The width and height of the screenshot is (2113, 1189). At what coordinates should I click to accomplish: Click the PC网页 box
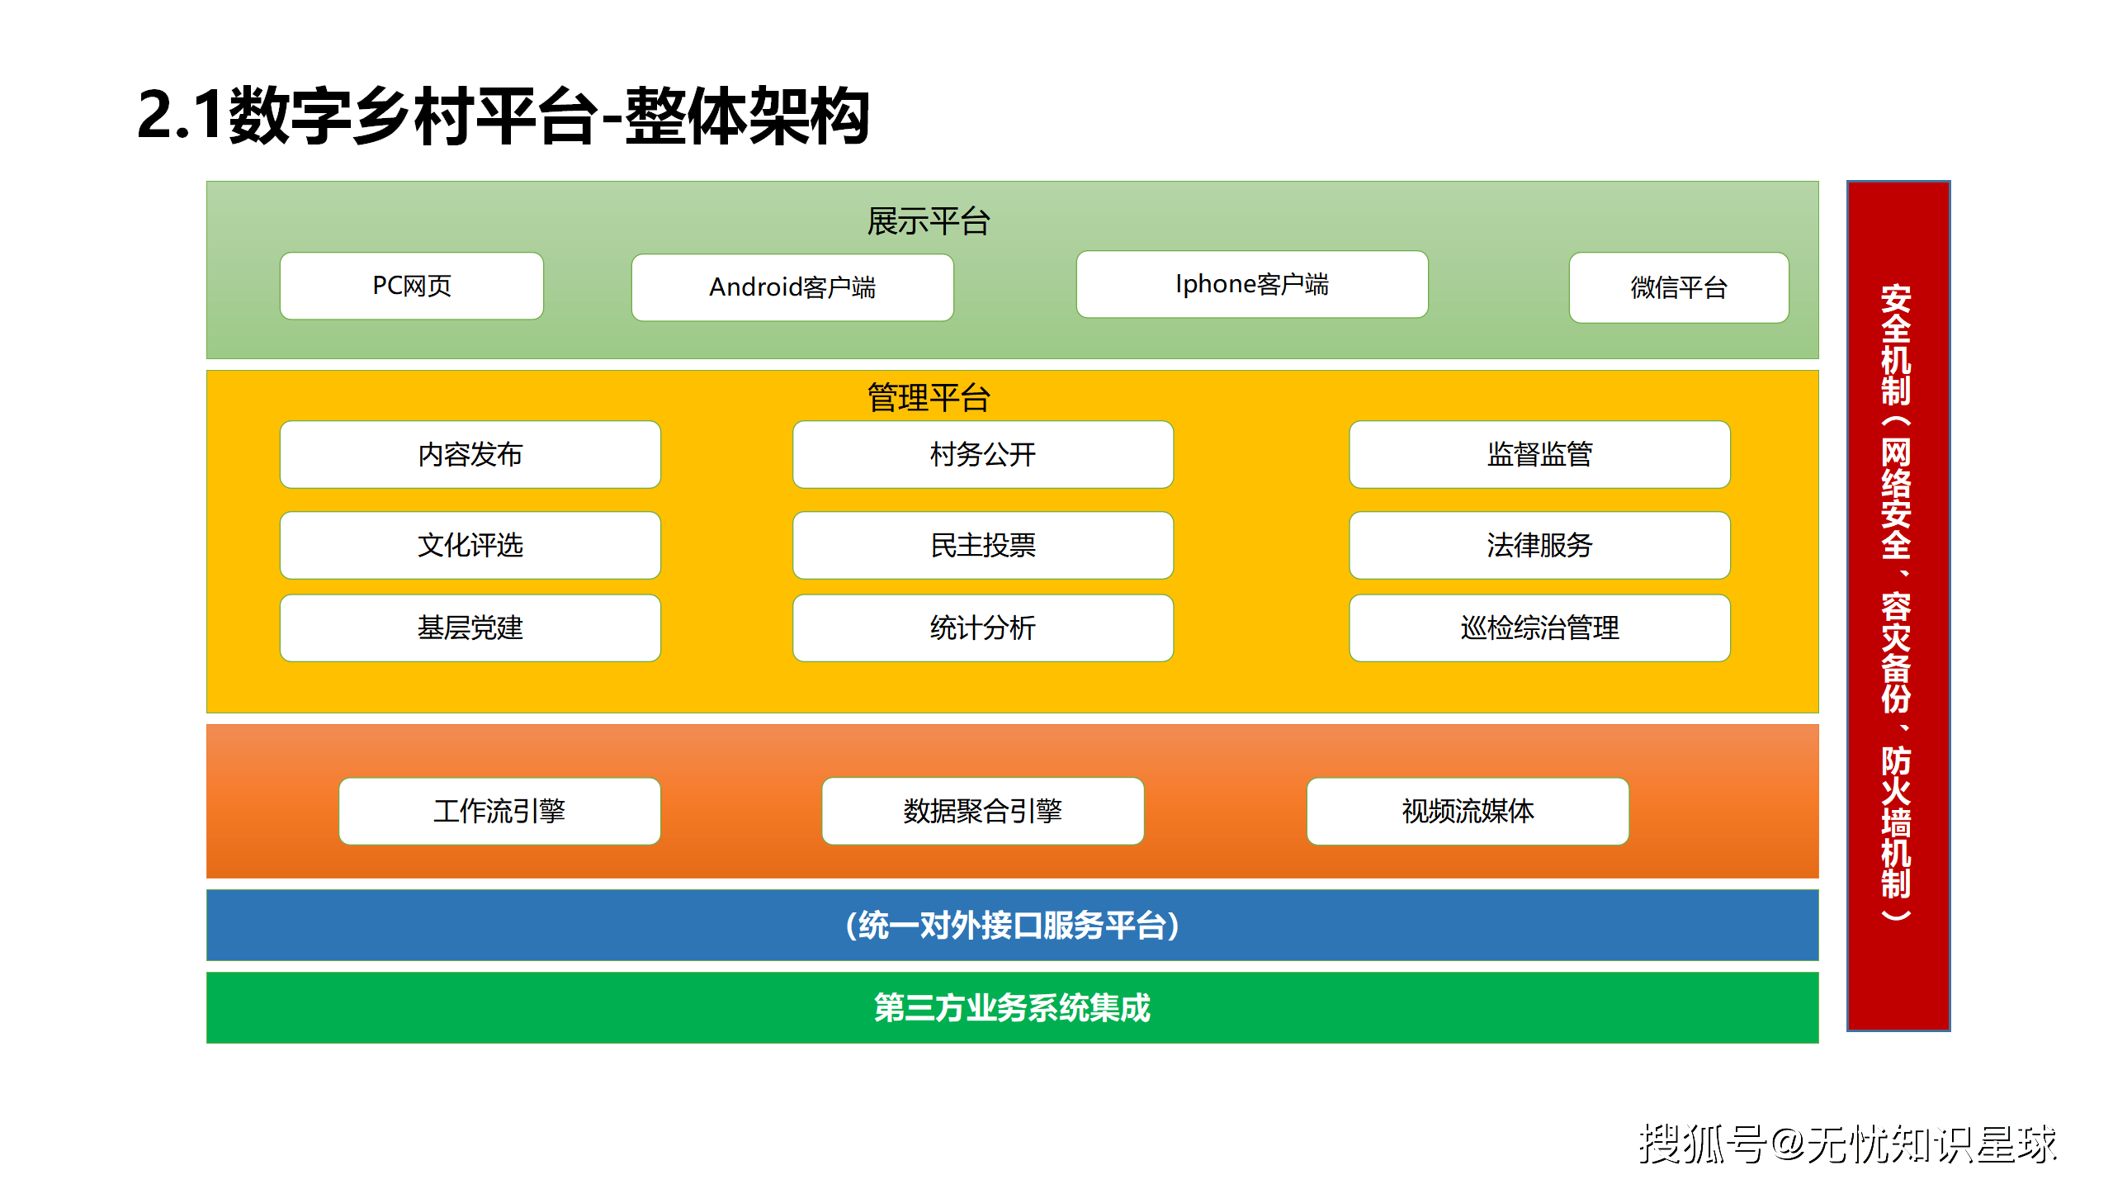click(x=412, y=286)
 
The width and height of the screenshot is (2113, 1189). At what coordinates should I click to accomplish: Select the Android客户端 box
click(x=792, y=287)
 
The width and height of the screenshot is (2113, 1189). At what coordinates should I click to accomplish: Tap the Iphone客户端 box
click(x=1252, y=284)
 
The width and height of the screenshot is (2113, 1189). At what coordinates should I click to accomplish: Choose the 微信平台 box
click(x=1679, y=287)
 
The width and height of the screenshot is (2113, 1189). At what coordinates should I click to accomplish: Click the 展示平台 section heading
click(x=929, y=221)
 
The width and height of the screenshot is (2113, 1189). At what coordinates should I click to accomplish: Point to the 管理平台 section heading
click(x=929, y=398)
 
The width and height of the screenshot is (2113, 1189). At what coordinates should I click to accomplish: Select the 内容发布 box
click(x=470, y=455)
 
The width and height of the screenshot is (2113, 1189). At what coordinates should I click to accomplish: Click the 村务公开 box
click(x=983, y=455)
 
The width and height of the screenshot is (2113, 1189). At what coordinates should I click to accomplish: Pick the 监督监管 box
click(x=1540, y=455)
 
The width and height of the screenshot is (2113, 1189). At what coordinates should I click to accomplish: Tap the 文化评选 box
click(x=470, y=546)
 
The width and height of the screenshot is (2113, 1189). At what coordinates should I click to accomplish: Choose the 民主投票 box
click(x=983, y=546)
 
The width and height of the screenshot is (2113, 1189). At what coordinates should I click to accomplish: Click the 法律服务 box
click(x=1540, y=546)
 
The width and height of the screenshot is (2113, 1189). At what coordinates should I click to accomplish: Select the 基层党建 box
click(x=470, y=628)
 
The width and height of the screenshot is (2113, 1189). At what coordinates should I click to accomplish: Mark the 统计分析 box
click(x=983, y=628)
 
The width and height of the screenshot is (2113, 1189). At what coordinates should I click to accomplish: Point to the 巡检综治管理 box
click(x=1540, y=628)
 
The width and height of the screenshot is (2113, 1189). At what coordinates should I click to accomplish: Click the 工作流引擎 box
click(x=500, y=812)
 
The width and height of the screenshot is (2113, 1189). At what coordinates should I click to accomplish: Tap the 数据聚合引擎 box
click(x=983, y=812)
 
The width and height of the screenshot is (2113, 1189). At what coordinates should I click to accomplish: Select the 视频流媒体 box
click(x=1468, y=812)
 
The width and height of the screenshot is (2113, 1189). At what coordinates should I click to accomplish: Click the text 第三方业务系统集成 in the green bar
click(x=1012, y=1008)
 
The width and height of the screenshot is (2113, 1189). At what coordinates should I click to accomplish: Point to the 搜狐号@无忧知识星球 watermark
click(x=1847, y=1144)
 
